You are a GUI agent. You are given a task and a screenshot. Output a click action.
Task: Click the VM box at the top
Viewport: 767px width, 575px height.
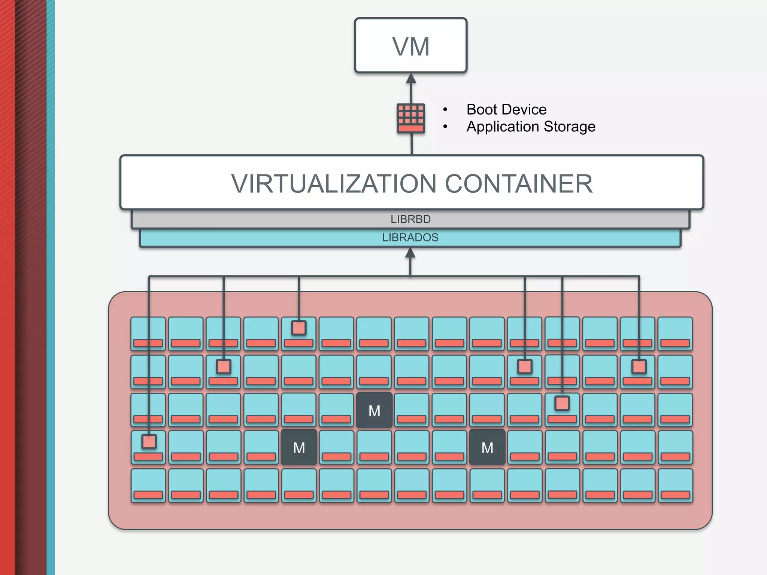click(x=410, y=45)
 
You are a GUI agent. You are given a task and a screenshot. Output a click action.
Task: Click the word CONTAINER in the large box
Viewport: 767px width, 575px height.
click(x=519, y=184)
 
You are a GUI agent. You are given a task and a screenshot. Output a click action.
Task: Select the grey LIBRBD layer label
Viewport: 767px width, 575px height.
click(x=410, y=219)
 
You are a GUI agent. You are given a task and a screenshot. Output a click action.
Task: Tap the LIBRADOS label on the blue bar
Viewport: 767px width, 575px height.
click(x=410, y=238)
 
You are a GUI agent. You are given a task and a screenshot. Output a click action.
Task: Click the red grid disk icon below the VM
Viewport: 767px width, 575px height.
click(x=411, y=118)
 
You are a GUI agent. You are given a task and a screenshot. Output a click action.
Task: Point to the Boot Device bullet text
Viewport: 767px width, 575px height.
click(x=506, y=110)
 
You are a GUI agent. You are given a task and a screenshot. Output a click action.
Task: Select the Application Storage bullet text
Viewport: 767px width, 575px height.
click(x=531, y=127)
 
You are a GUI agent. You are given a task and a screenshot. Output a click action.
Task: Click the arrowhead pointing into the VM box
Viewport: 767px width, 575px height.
click(x=411, y=78)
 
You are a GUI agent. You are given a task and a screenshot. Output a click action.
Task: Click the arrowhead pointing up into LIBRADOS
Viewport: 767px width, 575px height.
click(x=410, y=253)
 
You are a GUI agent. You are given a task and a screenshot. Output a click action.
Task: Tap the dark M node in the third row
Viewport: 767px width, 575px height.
click(x=374, y=411)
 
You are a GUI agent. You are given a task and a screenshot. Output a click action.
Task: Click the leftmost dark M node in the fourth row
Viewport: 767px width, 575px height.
click(x=299, y=448)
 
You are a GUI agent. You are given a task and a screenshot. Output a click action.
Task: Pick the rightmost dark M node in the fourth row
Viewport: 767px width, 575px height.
click(x=487, y=448)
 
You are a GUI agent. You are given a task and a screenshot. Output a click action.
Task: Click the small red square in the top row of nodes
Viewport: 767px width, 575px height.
click(x=299, y=328)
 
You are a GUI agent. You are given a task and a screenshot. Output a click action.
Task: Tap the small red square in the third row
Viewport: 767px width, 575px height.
click(x=562, y=404)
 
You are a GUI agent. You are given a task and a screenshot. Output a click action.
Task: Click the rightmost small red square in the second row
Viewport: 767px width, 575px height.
click(x=639, y=366)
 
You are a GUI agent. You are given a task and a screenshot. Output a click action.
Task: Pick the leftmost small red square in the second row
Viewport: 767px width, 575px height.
click(x=224, y=366)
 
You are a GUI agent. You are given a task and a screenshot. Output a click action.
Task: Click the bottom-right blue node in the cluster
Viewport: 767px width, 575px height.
click(x=675, y=485)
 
